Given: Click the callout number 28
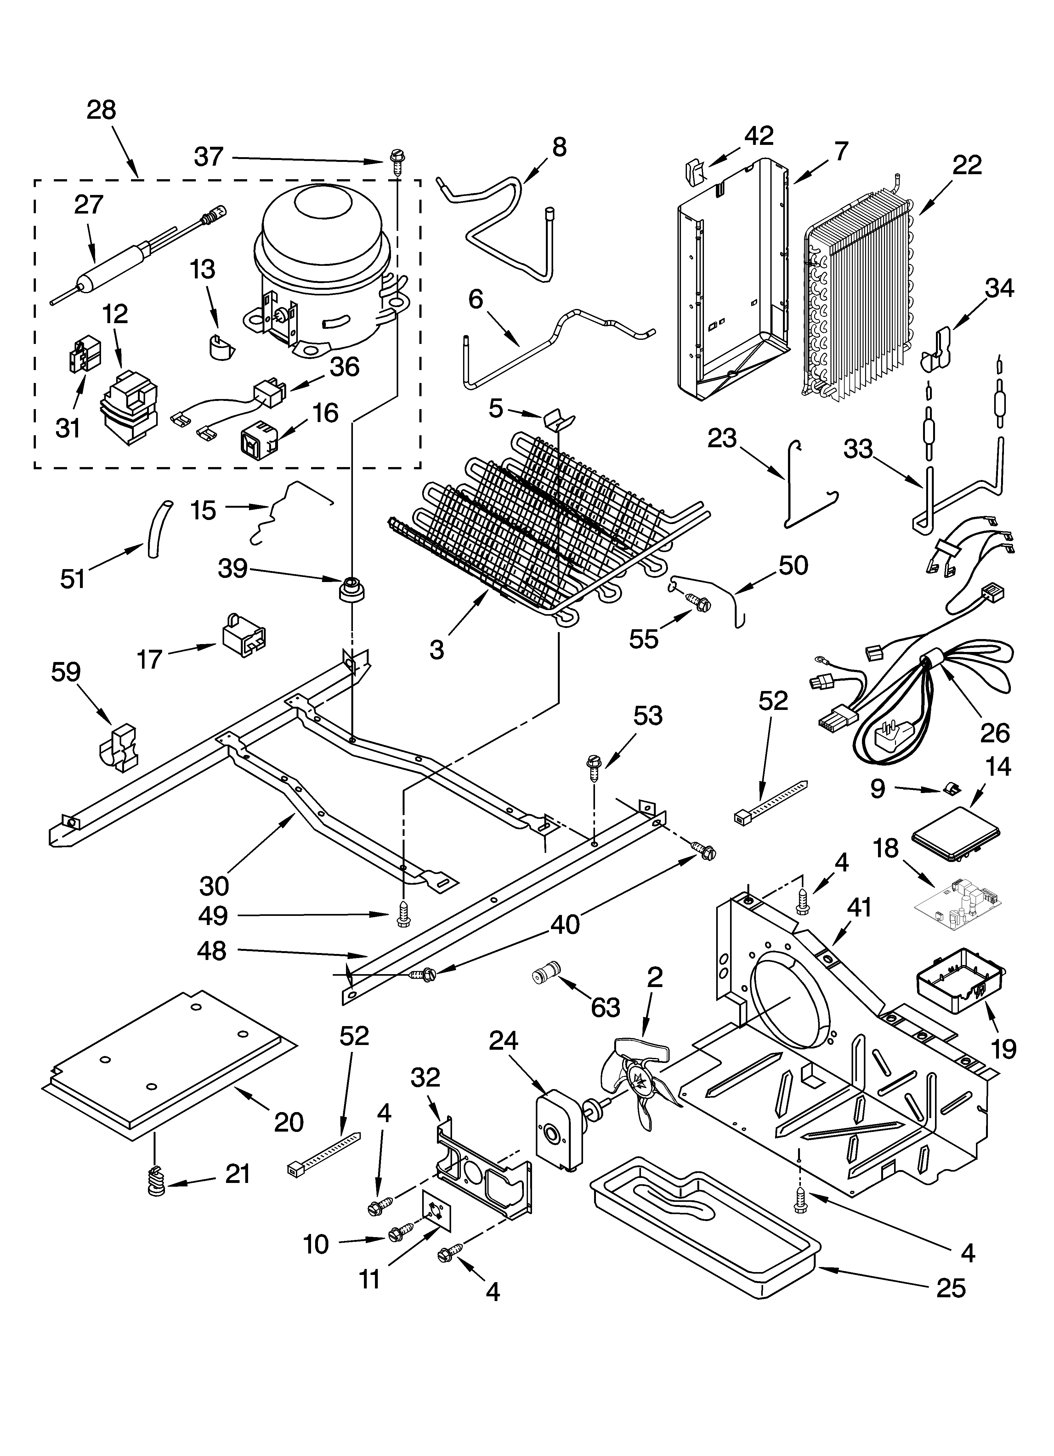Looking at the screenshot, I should coord(101,111).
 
